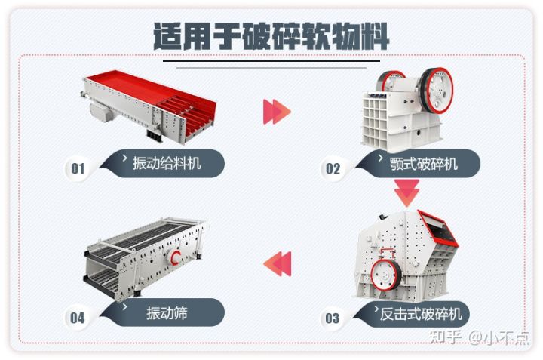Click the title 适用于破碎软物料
pos(271,35)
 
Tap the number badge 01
pos(78,168)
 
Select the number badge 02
pos(332,168)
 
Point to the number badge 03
pos(332,318)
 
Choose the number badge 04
pos(78,318)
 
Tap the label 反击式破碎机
pos(422,312)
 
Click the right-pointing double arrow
pos(277,112)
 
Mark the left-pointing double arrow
pos(276,263)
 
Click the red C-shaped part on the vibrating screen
pos(178,258)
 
